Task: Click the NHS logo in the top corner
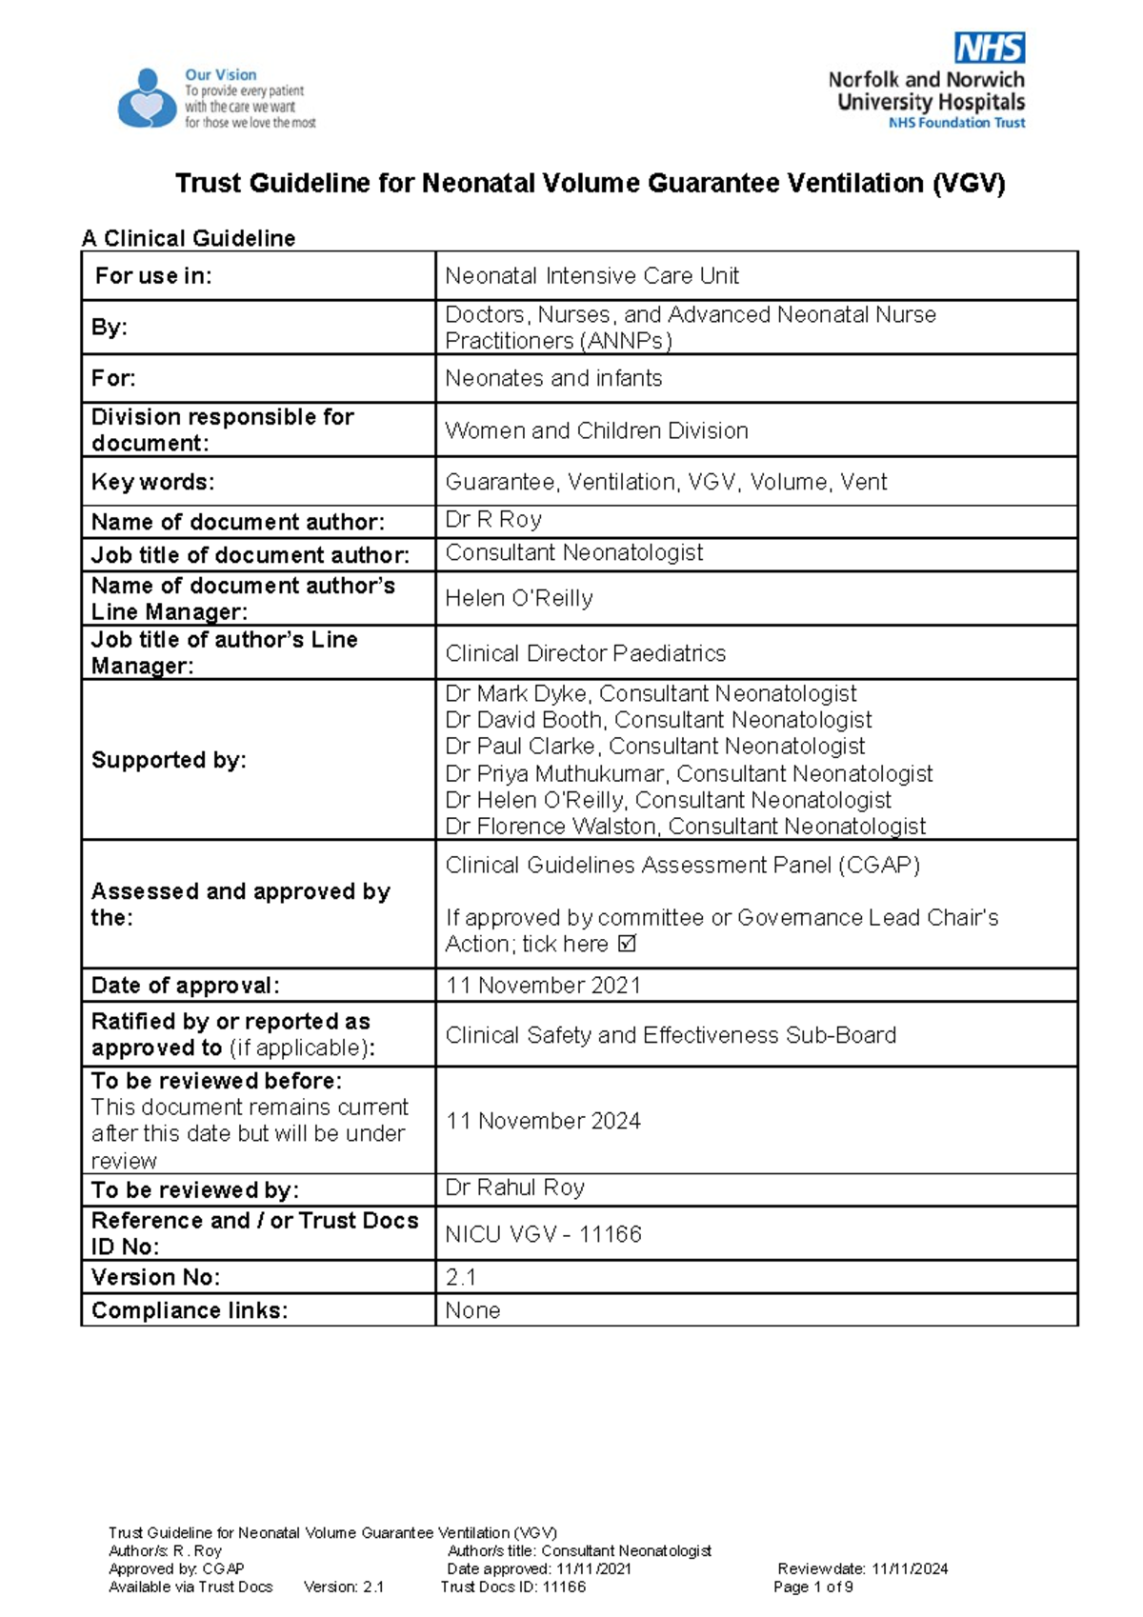click(990, 48)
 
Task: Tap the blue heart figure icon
click(146, 99)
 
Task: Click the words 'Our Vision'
click(220, 74)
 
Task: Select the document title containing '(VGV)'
click(590, 183)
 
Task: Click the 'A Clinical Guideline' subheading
click(189, 238)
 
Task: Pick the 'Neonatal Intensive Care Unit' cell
click(592, 276)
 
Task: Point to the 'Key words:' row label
click(152, 482)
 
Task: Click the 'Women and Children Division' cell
click(596, 430)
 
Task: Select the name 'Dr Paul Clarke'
click(523, 747)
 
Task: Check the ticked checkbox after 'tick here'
click(627, 945)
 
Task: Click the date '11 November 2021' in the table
click(543, 986)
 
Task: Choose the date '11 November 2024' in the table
click(543, 1121)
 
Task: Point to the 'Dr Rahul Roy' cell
click(515, 1188)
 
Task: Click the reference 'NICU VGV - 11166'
click(543, 1234)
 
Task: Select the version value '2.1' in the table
click(461, 1277)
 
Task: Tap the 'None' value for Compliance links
click(472, 1310)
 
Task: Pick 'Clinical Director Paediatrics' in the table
click(585, 653)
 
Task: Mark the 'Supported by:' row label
click(169, 760)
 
